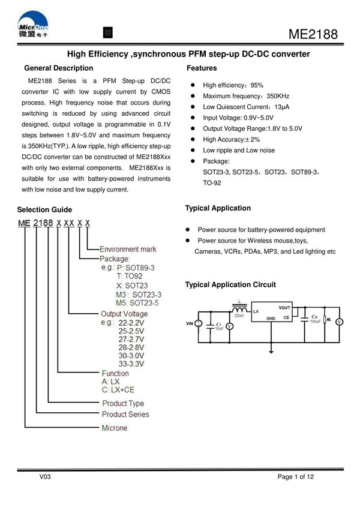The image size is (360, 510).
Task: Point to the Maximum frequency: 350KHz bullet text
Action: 246,96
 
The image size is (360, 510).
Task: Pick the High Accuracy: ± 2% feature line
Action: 231,139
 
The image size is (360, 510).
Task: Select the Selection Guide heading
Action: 44,209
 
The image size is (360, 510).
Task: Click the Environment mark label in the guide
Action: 128,249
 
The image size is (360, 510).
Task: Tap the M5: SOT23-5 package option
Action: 139,304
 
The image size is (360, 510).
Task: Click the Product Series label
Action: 125,414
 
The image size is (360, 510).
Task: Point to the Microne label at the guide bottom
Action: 115,428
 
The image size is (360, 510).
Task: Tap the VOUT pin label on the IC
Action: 284,307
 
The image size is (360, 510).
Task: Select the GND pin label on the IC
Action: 271,318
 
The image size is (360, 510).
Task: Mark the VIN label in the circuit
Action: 191,324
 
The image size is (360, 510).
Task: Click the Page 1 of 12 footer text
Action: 295,477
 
